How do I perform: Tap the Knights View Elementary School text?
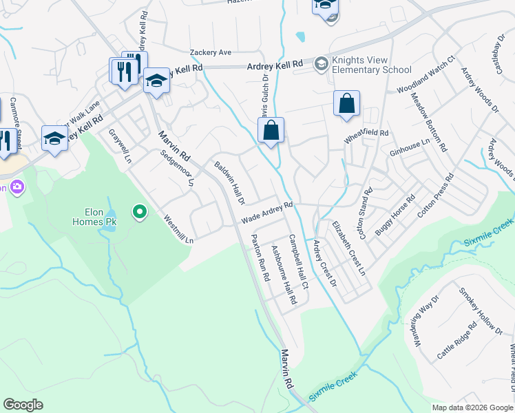pos(371,65)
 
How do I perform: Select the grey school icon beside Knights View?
pos(321,65)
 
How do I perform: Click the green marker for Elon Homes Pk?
pos(140,212)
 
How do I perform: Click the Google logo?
pos(23,405)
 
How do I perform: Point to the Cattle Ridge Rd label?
pos(456,343)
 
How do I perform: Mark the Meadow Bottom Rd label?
pos(430,122)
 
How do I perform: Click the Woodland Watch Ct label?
pos(427,75)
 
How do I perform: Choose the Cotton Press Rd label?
pos(436,195)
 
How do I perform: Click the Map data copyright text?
pos(466,407)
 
